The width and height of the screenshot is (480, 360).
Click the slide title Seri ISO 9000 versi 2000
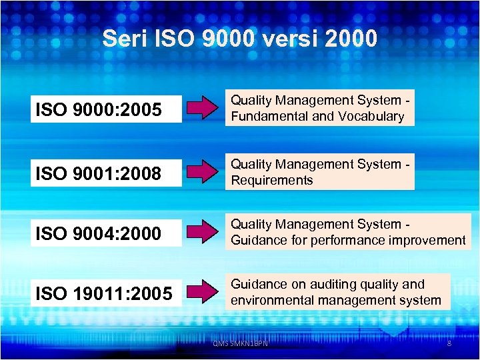click(x=240, y=38)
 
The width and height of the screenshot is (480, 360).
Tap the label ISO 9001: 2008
click(x=99, y=174)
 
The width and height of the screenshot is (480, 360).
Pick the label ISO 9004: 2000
click(x=99, y=233)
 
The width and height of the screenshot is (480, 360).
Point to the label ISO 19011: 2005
click(x=103, y=293)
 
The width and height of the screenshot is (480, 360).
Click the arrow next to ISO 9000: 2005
click(x=204, y=108)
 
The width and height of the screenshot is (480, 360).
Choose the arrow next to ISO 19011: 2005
click(x=204, y=292)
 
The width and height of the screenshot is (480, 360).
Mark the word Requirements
click(x=272, y=181)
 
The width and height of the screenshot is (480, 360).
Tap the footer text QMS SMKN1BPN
click(x=240, y=343)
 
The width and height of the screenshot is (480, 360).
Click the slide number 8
click(x=449, y=343)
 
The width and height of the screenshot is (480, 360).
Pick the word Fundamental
click(x=269, y=117)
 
